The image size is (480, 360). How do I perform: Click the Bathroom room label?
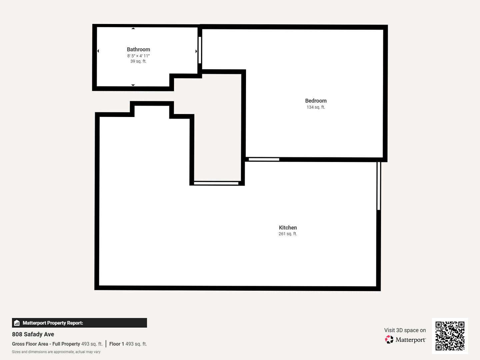pos(138,49)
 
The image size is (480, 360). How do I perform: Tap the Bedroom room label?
pos(316,101)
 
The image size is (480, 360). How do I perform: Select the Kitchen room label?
pos(288,228)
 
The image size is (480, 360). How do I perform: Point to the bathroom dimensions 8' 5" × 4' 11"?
pos(138,56)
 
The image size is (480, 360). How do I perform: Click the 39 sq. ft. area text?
pos(138,61)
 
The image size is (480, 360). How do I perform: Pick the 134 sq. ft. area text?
pos(316,107)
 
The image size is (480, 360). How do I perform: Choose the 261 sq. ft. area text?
pos(288,234)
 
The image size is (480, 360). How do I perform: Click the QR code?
pos(450,336)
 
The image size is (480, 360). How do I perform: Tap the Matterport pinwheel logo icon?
pos(389,340)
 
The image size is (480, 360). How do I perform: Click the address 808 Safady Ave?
pos(33,334)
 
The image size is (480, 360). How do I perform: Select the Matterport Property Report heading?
pos(53,323)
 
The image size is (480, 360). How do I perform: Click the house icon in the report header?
pos(17,323)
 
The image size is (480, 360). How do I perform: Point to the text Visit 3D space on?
pos(405,330)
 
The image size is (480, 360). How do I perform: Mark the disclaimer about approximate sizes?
pos(56,352)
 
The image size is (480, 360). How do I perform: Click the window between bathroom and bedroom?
pos(200,50)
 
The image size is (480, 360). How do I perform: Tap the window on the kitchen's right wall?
pos(379,186)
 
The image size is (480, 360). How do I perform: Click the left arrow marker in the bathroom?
pos(98,51)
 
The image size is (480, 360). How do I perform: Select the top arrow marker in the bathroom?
pos(133,29)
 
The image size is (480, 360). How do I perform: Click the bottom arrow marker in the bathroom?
pos(133,85)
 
